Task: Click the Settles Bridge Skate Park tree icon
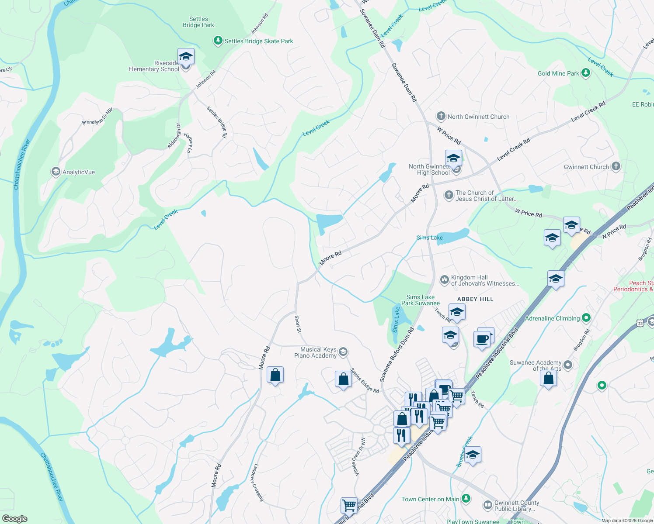218,41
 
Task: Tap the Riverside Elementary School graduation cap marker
186,57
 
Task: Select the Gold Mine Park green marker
586,73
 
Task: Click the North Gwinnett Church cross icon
441,117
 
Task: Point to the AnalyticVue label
78,172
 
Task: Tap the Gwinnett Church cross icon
616,166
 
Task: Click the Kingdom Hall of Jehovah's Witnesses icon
444,280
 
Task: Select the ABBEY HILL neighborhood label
475,299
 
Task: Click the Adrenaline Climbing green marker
587,318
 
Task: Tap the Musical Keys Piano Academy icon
343,352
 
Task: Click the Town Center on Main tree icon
466,499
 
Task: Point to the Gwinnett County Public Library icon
487,505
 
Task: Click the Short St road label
298,324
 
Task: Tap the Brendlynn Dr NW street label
97,117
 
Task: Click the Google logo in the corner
15,518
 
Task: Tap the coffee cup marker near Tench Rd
482,339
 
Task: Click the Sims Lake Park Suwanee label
420,300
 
